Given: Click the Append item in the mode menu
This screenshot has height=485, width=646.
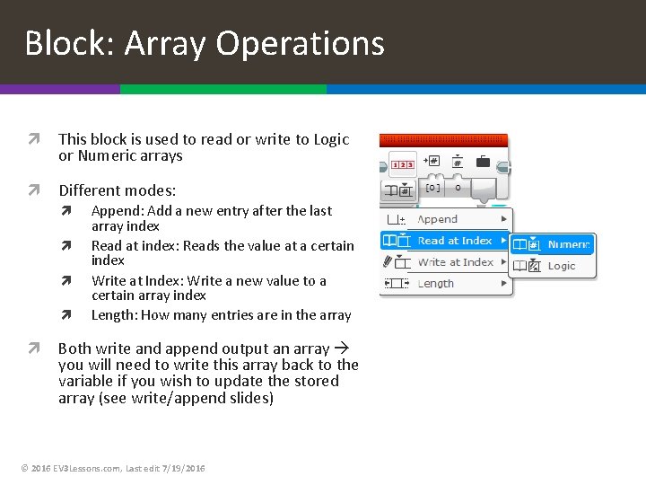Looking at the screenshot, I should pyautogui.click(x=438, y=219).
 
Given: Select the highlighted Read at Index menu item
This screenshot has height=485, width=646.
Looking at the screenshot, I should pyautogui.click(x=455, y=241).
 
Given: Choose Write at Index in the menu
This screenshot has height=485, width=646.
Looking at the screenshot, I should pyautogui.click(x=455, y=262).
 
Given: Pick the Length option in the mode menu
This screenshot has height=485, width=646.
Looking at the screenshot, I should pyautogui.click(x=436, y=284).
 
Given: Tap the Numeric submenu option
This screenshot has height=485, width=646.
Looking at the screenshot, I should pyautogui.click(x=568, y=244).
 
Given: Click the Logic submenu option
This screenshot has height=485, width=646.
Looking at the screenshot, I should pyautogui.click(x=562, y=266).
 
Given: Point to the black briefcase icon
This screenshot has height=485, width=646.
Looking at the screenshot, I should pyautogui.click(x=483, y=162).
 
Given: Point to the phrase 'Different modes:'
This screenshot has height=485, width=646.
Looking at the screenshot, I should pyautogui.click(x=118, y=190).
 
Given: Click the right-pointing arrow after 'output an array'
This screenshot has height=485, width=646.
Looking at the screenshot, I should pyautogui.click(x=341, y=348).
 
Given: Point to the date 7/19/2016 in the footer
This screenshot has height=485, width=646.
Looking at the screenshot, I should pyautogui.click(x=183, y=469).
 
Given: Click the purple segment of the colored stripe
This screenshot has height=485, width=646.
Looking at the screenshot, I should pyautogui.click(x=59, y=89).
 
